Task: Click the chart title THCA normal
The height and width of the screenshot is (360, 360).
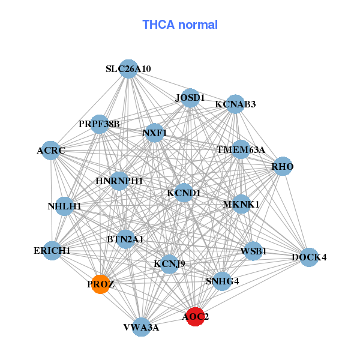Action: (180, 25)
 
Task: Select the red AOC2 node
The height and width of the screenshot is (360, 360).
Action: (195, 316)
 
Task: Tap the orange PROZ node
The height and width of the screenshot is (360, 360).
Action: (100, 284)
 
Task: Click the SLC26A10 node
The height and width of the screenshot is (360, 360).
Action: (128, 69)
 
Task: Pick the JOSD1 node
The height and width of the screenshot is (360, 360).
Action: (190, 98)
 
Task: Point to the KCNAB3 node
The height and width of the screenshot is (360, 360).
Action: (235, 104)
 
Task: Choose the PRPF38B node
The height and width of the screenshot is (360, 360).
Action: (100, 124)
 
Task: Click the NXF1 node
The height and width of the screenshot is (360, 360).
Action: (155, 133)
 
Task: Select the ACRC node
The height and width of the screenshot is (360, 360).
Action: (51, 150)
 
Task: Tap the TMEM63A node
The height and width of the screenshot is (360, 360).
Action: (241, 149)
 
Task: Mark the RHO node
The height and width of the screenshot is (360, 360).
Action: (283, 166)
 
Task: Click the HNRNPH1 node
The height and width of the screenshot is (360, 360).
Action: (119, 181)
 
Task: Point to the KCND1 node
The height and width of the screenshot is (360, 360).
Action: (184, 193)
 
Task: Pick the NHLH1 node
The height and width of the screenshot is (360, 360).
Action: (64, 206)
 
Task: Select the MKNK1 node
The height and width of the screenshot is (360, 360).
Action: (241, 205)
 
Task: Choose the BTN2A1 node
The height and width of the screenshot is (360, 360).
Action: (125, 239)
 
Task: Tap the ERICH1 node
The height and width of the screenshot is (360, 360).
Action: (52, 250)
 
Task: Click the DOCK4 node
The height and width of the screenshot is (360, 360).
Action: (309, 257)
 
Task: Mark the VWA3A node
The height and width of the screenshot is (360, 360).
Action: (141, 327)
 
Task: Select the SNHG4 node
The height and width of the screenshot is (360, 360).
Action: (222, 281)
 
